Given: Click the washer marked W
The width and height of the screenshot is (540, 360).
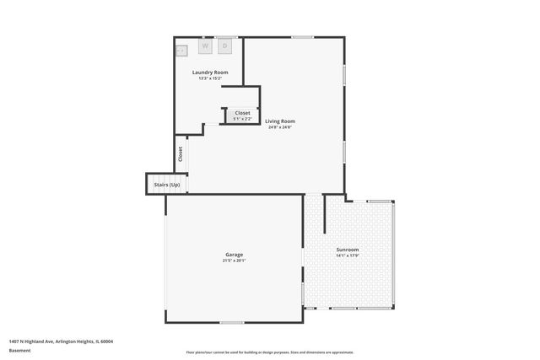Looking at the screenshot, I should pos(205,47).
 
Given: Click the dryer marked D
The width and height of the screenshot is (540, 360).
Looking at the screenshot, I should pos(225,47).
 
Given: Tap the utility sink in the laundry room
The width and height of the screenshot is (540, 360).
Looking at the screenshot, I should pos(181,51).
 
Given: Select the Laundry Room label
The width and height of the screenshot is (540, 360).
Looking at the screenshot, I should pos(210,73).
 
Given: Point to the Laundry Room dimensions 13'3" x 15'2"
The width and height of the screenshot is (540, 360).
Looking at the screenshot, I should pos(210,78).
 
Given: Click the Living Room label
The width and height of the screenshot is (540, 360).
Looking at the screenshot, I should pos(279,121).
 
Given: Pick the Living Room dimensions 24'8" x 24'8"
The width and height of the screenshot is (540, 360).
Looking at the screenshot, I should pos(279,127).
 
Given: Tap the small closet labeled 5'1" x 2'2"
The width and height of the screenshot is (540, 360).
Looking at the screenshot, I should pos(242,116).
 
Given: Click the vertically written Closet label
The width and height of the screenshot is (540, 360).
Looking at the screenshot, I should pos(180,153).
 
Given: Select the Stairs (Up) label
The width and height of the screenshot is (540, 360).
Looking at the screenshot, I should pos(165,185).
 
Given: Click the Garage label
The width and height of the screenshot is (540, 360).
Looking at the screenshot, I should pos(234,255).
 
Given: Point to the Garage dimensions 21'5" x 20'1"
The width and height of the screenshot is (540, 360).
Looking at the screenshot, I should pos(234,261).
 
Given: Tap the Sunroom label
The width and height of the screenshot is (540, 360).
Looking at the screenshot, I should pos(347,250).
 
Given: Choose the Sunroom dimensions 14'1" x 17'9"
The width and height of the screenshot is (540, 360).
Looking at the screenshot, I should pos(347,255).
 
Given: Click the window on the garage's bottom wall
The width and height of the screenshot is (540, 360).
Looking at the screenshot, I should pos(231,322).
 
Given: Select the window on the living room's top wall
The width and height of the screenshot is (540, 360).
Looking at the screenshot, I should pos(302,37).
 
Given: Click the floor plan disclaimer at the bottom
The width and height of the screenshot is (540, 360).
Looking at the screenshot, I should pos(270,352).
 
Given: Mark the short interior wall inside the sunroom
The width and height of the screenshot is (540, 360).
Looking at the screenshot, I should pos(325,214).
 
